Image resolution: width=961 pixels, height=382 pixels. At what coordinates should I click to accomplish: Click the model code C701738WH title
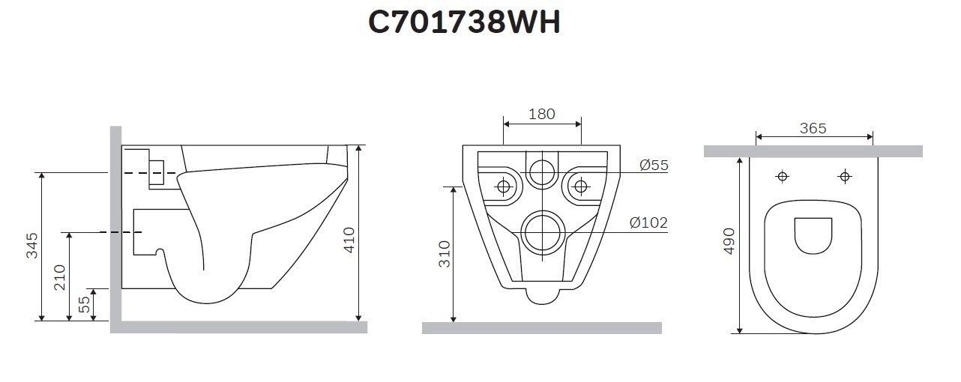(x=464, y=22)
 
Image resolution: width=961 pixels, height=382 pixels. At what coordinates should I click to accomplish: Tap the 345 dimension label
(x=32, y=246)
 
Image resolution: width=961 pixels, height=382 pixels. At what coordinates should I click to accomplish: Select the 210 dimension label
(x=60, y=277)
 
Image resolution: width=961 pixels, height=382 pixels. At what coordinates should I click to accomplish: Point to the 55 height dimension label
(x=85, y=304)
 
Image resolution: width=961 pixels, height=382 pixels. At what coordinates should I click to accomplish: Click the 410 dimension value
(x=349, y=240)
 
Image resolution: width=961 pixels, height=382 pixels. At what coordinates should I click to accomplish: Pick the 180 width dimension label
(x=542, y=114)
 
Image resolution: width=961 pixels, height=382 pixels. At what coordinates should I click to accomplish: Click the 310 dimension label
(x=445, y=254)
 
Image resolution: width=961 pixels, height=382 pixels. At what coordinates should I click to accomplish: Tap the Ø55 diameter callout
(x=654, y=165)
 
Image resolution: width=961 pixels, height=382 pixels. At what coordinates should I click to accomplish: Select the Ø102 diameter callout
(x=648, y=222)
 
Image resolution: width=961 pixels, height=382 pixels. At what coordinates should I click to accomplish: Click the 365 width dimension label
(x=813, y=128)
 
